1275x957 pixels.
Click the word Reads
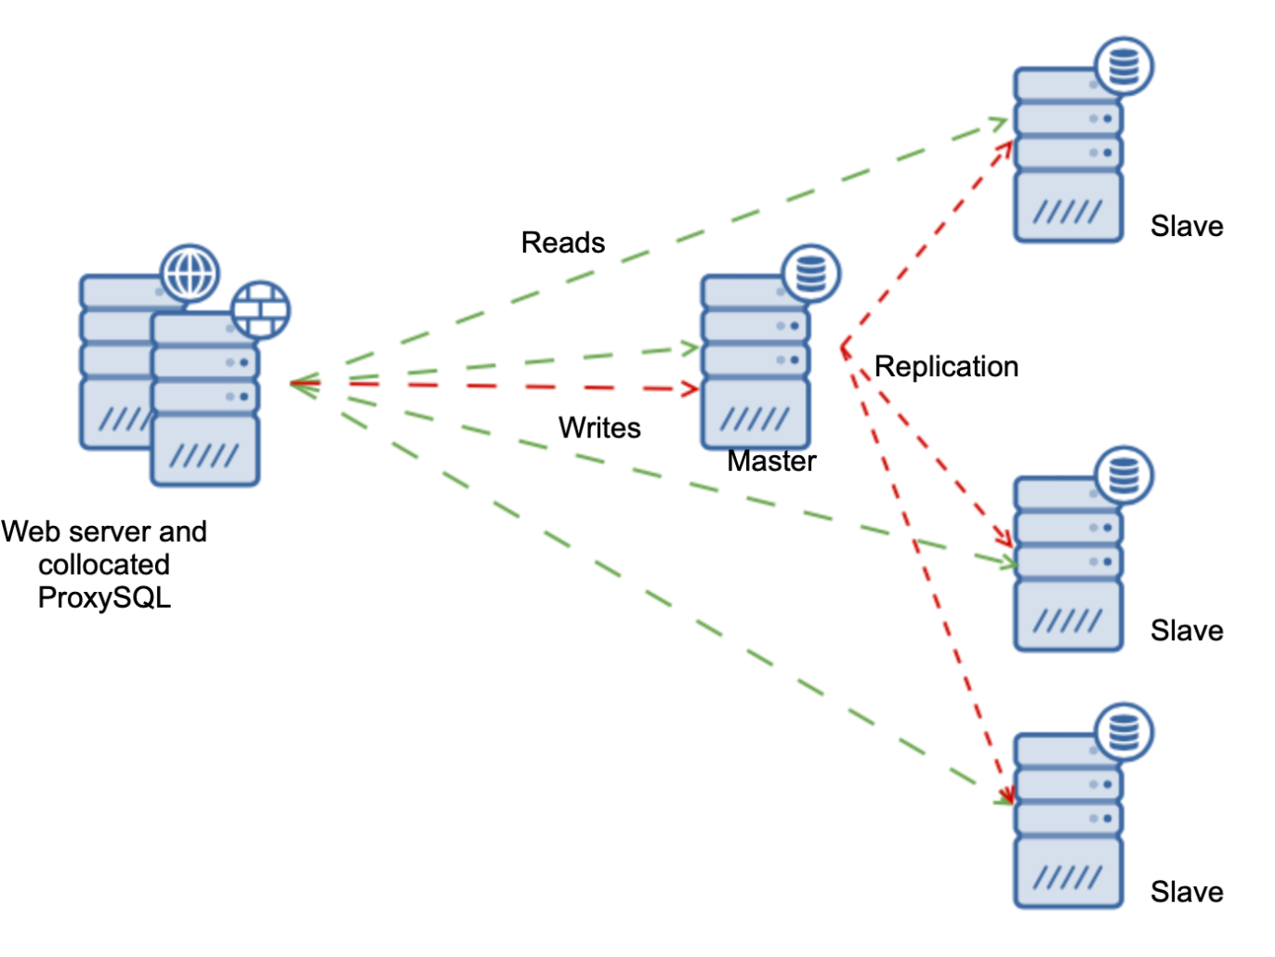click(562, 243)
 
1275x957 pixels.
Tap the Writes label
click(599, 427)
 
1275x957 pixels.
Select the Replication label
click(946, 366)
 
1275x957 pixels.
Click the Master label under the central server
click(771, 461)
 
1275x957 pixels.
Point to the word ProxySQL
click(104, 597)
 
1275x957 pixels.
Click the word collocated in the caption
click(104, 565)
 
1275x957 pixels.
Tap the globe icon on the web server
click(190, 274)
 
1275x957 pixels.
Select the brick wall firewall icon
click(260, 309)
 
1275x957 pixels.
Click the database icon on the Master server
click(811, 274)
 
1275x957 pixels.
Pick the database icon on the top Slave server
click(1124, 67)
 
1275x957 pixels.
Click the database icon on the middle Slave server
click(1124, 476)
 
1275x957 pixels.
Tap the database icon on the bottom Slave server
click(1124, 731)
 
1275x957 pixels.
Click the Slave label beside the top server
click(1187, 226)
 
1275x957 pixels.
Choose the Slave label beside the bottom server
click(1187, 892)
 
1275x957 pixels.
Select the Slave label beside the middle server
click(1187, 631)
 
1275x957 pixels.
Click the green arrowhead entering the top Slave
click(1000, 123)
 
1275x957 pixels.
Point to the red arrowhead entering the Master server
click(690, 388)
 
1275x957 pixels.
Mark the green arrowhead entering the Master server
click(691, 348)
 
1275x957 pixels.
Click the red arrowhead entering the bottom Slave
click(1006, 794)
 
